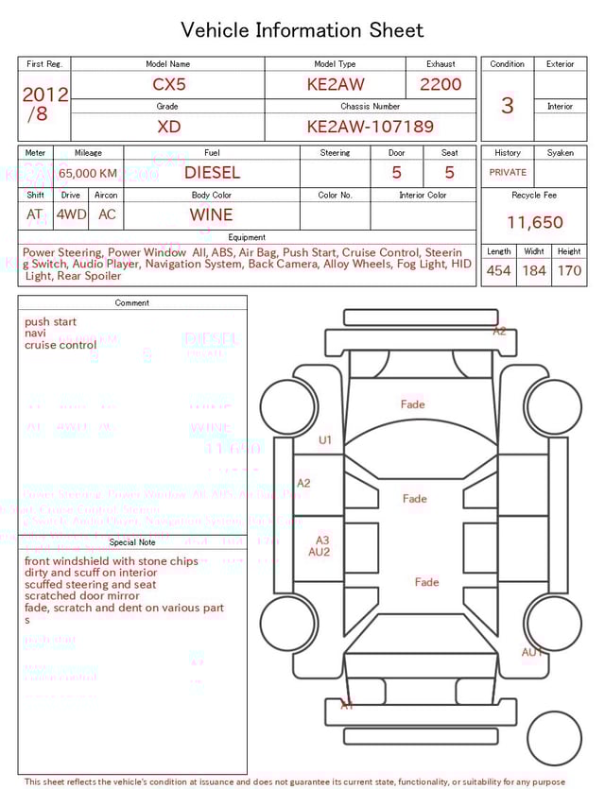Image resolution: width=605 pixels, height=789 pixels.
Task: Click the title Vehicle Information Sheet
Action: click(x=302, y=30)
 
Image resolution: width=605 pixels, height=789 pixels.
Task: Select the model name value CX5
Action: click(x=169, y=84)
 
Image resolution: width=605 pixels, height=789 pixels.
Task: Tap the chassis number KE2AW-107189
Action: click(x=370, y=127)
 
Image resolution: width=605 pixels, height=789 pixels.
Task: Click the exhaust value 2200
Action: click(x=441, y=84)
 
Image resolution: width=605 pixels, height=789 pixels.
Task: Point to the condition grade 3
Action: click(x=508, y=105)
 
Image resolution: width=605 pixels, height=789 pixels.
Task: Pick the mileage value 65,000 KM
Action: click(x=88, y=174)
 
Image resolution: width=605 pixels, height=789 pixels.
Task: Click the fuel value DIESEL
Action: click(x=212, y=173)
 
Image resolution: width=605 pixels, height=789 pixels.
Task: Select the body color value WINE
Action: click(x=211, y=214)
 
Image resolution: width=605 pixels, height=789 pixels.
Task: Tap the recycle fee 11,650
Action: click(x=534, y=223)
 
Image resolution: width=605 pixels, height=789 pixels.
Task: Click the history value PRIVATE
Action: click(x=508, y=173)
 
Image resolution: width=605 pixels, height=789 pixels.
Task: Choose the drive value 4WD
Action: click(x=71, y=214)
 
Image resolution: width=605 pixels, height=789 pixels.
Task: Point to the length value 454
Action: click(x=498, y=271)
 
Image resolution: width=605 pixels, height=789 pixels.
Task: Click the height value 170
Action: click(x=569, y=271)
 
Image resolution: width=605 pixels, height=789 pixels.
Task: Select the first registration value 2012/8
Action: click(x=43, y=104)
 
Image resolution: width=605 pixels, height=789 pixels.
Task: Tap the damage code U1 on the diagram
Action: click(x=325, y=440)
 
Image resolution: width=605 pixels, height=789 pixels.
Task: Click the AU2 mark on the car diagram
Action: click(x=320, y=553)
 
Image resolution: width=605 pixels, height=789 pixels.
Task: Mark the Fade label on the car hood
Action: click(x=413, y=404)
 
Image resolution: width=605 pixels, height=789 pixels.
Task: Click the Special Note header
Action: click(x=132, y=542)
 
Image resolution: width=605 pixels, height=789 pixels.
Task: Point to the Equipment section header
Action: click(x=247, y=237)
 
